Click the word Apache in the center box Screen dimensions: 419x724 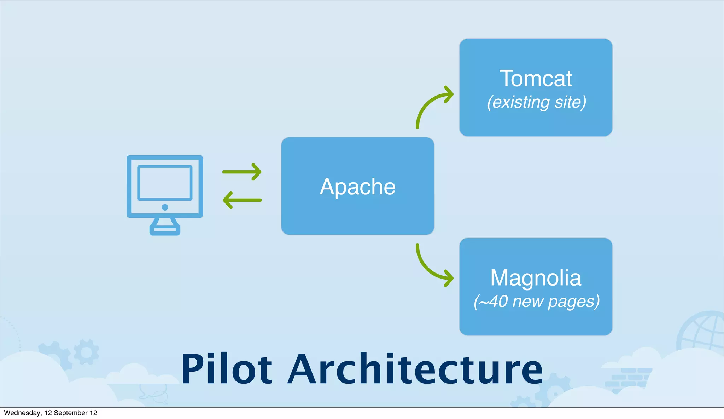point(357,186)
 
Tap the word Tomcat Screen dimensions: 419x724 point(536,79)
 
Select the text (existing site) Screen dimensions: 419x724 point(536,102)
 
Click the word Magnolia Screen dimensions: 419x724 point(536,278)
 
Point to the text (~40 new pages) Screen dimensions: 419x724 point(536,302)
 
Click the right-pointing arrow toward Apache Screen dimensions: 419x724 point(242,172)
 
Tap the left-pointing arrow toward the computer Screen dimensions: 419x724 point(242,200)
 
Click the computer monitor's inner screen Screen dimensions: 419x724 point(165,183)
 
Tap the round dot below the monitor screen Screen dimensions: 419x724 point(165,207)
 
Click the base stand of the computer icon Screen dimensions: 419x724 point(165,229)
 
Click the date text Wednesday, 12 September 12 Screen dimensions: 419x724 point(50,413)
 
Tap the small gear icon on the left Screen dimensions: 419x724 point(86,352)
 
